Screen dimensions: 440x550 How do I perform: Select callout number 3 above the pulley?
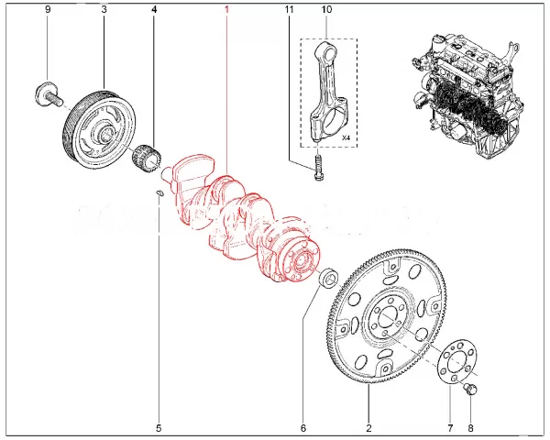point(104,9)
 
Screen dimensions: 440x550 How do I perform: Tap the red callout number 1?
point(227,9)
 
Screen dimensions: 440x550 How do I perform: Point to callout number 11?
point(290,9)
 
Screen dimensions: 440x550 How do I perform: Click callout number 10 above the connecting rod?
point(325,9)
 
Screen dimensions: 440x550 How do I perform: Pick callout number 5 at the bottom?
point(158,427)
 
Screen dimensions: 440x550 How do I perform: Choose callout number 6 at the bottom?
point(303,427)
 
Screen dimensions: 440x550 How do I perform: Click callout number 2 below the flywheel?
point(368,427)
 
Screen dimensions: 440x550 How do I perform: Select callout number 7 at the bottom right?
point(449,427)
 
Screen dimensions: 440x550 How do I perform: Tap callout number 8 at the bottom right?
point(471,427)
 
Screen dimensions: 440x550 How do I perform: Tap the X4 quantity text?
point(346,137)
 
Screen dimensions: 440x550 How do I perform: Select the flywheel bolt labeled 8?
point(472,392)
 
